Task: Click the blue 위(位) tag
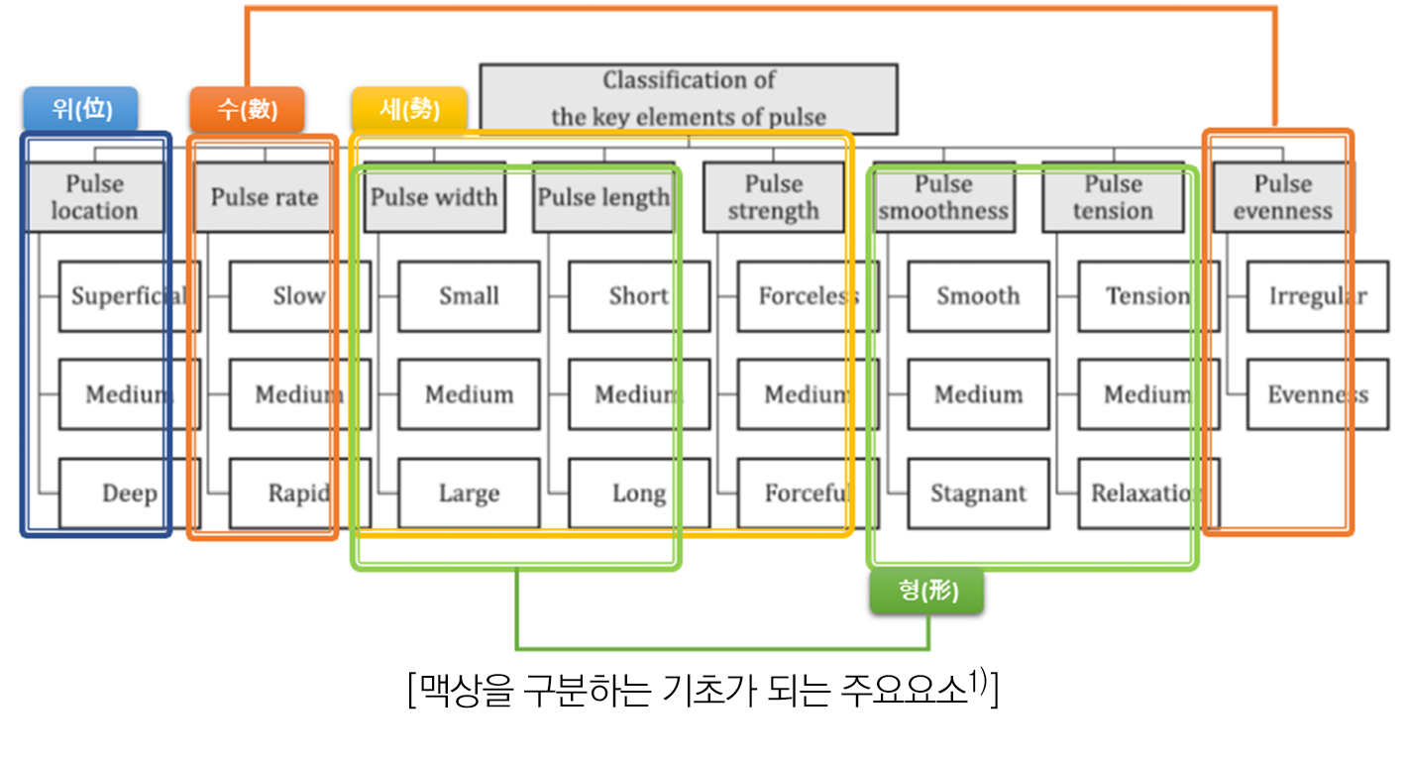coord(80,109)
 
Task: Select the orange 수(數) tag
coord(247,109)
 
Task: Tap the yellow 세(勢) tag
coord(408,109)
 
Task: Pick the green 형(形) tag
coord(927,592)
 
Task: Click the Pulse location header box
coord(94,197)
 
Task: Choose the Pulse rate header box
coord(264,197)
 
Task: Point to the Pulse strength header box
coord(773,197)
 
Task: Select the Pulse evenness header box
coord(1282,197)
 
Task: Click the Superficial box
coord(129,295)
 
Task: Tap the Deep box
coord(129,492)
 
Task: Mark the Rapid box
coord(299,492)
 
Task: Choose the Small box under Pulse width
coord(469,295)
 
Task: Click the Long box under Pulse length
coord(639,492)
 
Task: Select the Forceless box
coord(809,295)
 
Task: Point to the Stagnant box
coord(978,492)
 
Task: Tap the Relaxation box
coord(1147,492)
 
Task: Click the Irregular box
coord(1317,295)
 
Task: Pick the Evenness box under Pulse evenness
coord(1317,394)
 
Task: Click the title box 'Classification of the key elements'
coord(688,98)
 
